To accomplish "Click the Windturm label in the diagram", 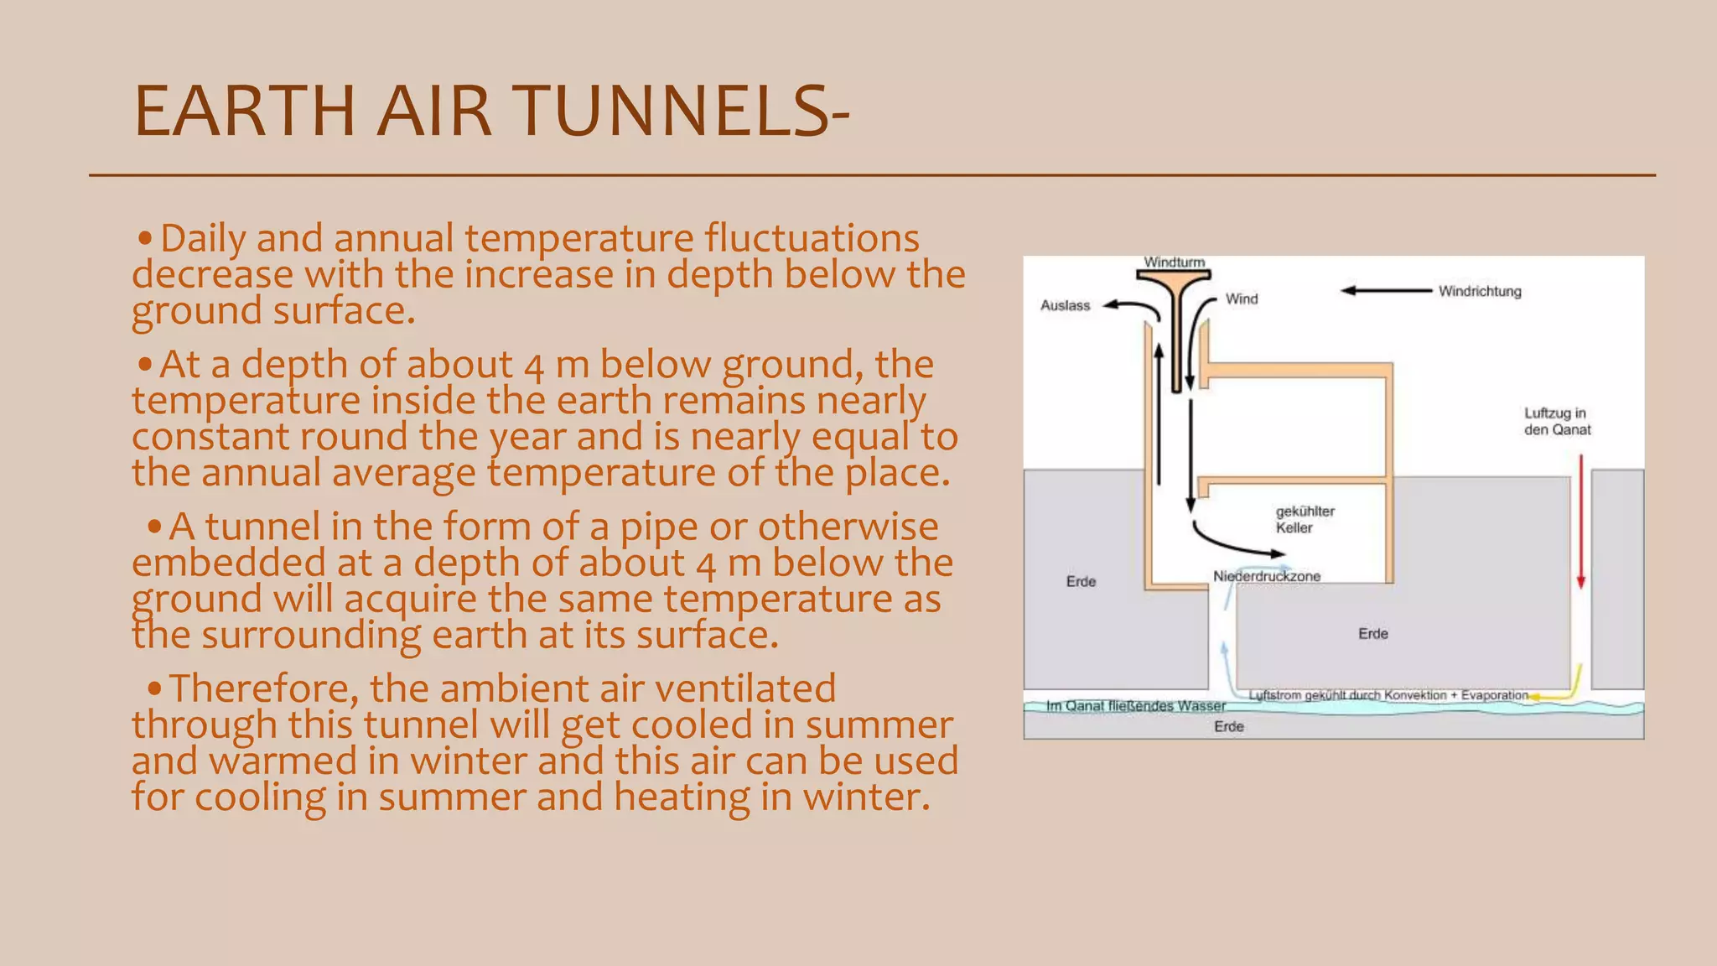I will (1174, 262).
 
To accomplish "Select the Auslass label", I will (1065, 305).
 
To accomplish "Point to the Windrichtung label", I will (1480, 291).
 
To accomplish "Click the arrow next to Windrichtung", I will (1386, 291).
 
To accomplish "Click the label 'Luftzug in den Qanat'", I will (1557, 421).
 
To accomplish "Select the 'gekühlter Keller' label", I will (1305, 519).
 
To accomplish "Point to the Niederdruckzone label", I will (1267, 576).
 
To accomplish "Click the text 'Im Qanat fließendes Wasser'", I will (1135, 706).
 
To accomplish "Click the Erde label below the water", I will (1228, 726).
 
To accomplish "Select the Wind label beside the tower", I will (1242, 299).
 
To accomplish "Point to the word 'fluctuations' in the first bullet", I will (812, 238).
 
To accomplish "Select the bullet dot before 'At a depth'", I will (146, 365).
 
